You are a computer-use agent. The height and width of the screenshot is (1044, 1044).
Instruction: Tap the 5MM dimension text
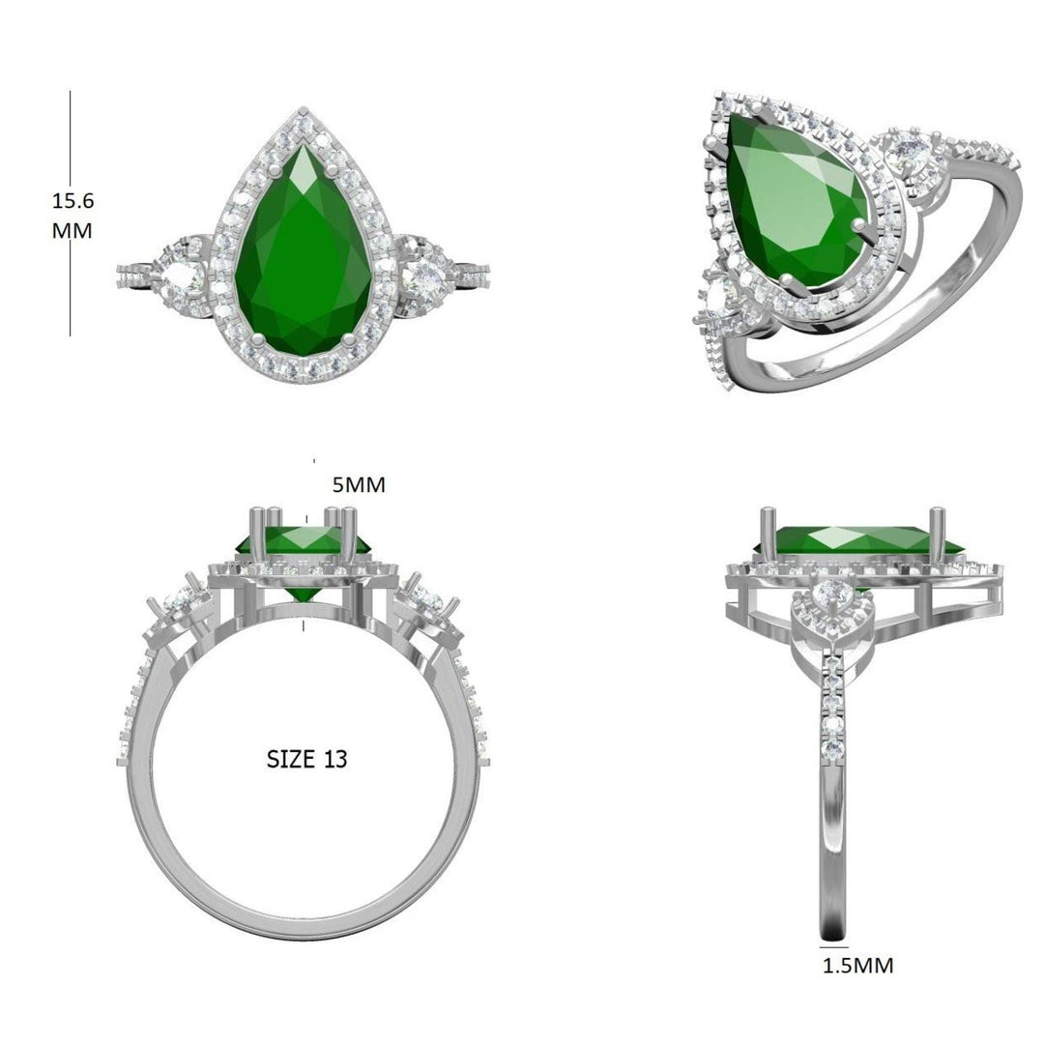(359, 485)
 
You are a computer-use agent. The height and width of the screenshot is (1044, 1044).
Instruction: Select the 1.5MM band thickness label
(857, 965)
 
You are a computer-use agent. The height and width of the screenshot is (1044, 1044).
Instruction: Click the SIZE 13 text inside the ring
(306, 759)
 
